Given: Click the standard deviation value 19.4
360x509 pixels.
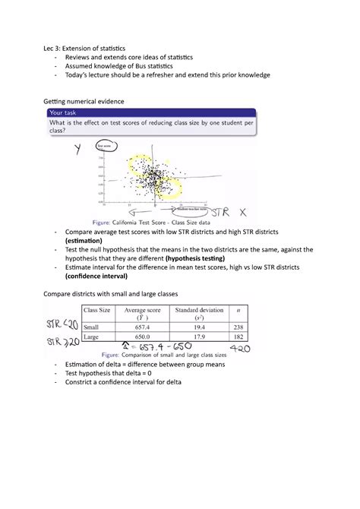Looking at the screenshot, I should coord(200,327).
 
